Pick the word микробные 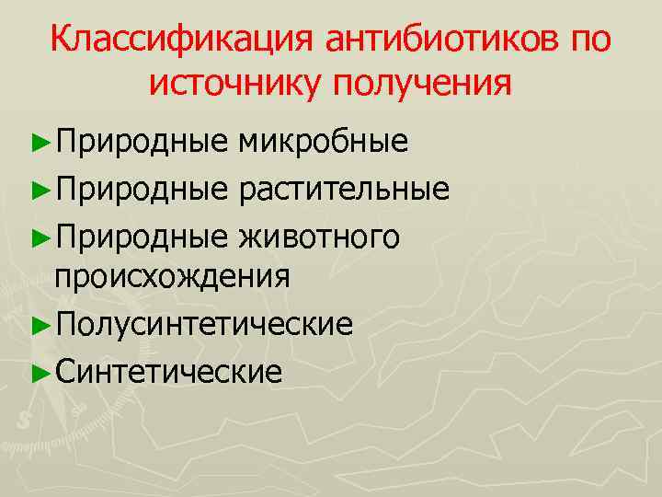click(x=322, y=142)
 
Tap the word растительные click(x=344, y=190)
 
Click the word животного click(x=318, y=237)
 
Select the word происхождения click(x=173, y=276)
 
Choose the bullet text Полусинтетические click(x=203, y=324)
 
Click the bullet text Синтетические click(x=168, y=371)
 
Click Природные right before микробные click(x=141, y=142)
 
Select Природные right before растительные click(x=141, y=190)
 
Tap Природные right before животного click(x=141, y=237)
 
